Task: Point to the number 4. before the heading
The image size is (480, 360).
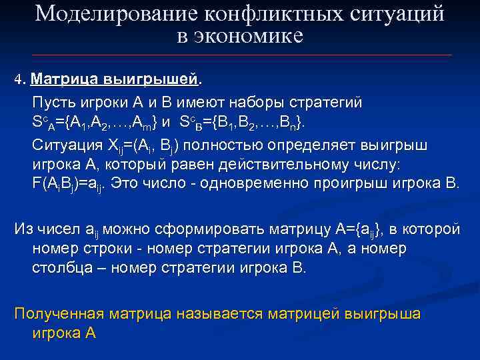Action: (19, 81)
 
